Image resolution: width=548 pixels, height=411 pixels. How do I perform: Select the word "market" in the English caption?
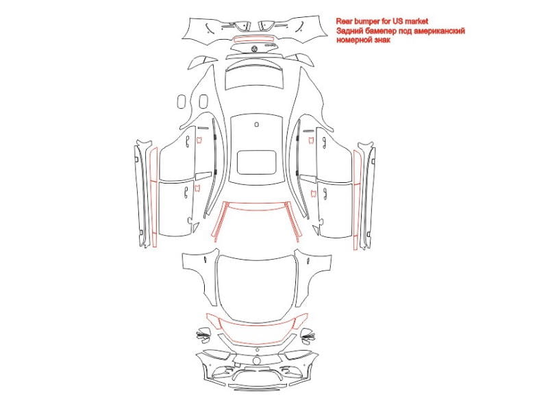pos(416,22)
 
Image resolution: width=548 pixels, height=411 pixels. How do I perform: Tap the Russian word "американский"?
pos(439,31)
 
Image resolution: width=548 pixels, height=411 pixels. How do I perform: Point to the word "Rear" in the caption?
pos(344,22)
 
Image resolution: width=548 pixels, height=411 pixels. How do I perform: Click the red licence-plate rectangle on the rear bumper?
pos(254,38)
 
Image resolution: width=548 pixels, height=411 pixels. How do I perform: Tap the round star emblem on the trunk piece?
pos(254,48)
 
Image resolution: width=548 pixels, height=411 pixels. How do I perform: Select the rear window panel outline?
pos(254,77)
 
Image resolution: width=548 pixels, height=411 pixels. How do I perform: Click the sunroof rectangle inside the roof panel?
pos(256,162)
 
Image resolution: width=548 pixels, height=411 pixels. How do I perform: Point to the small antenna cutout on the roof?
pos(256,124)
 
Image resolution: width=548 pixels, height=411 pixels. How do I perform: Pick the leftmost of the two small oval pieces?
pos(182,101)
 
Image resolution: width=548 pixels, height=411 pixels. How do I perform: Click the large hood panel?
pos(256,288)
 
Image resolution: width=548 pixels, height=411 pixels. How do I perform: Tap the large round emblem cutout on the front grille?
pos(257,361)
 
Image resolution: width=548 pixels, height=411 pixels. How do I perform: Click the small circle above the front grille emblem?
pos(258,350)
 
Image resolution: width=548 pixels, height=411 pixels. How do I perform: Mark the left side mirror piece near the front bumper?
pos(203,334)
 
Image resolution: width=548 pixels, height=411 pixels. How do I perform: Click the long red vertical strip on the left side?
pos(153,197)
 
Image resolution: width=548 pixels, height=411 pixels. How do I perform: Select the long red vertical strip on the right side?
pos(356,199)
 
